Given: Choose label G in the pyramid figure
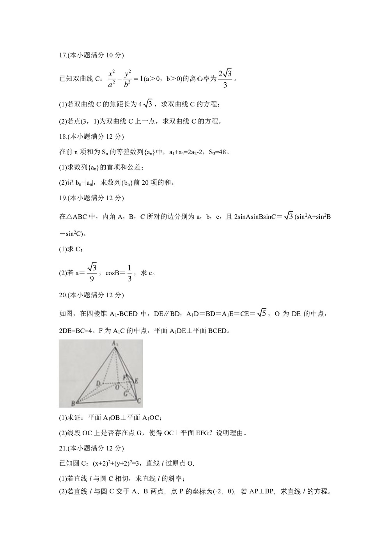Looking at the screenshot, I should pos(126,393).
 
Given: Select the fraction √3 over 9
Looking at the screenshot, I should pos(92,273).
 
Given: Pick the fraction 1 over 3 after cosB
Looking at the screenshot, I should pos(129,273).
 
